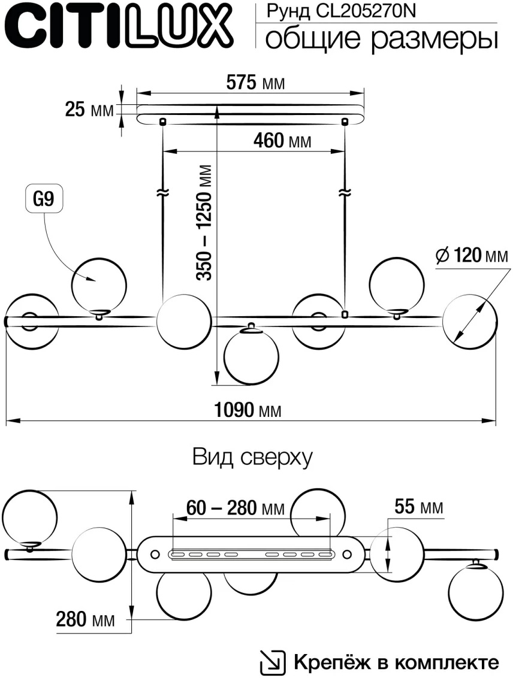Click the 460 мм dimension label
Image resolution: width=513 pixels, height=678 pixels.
282,141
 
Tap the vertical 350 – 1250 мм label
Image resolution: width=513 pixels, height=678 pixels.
206,222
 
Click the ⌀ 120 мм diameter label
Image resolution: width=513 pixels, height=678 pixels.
471,256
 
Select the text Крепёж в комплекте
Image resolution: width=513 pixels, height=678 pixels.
396,662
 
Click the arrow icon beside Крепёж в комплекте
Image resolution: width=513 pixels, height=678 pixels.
270,662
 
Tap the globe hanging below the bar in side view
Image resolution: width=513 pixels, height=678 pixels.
251,356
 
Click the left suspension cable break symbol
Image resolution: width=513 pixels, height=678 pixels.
163,193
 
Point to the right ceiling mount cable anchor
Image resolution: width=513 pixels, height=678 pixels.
344,122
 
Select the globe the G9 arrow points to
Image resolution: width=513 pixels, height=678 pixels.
99,283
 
